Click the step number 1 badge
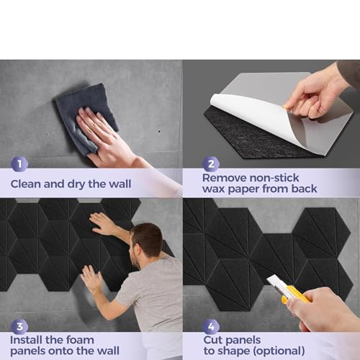[x=19, y=164]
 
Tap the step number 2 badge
[x=211, y=164]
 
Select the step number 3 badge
[x=19, y=327]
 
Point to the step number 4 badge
[x=210, y=327]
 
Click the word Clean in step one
[x=26, y=184]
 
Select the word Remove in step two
[x=225, y=178]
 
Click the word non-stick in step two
[x=274, y=178]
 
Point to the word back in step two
[x=304, y=189]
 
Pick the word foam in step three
[x=80, y=340]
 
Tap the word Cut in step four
[x=213, y=340]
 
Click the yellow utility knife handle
[x=295, y=294]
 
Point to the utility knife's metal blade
[x=276, y=281]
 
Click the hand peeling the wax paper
[x=315, y=95]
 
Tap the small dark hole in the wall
[x=159, y=132]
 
